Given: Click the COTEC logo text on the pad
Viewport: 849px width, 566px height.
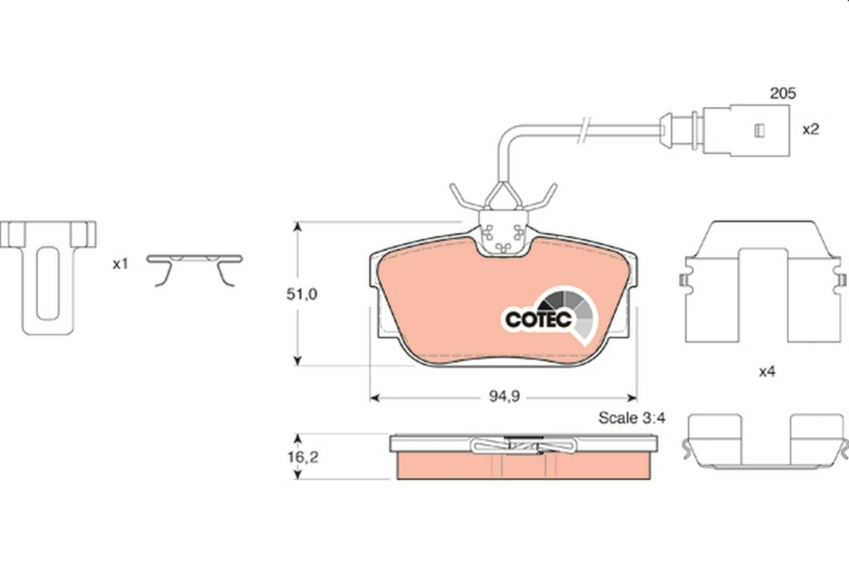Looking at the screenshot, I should coord(538,319).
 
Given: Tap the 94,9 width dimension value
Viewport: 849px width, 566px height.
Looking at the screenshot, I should coord(505,396).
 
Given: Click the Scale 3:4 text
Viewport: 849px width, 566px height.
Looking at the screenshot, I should coord(632,418).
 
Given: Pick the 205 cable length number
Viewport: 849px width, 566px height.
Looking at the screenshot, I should coord(782,93).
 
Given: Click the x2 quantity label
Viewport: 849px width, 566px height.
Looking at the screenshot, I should coord(810,129).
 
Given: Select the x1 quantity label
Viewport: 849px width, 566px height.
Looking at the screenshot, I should coord(120,264).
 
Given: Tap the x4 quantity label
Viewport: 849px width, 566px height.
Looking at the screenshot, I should coord(767,371).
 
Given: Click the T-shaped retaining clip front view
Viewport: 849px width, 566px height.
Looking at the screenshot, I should coord(48,276).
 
